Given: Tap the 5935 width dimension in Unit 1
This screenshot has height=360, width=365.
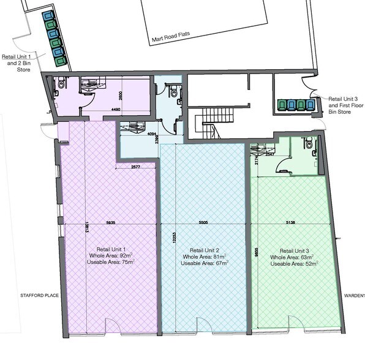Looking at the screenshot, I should tap(111, 222).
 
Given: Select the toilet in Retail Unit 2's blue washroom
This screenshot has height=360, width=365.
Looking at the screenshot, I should tap(175, 91).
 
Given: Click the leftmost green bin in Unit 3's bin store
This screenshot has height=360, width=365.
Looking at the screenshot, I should tap(282, 105).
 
